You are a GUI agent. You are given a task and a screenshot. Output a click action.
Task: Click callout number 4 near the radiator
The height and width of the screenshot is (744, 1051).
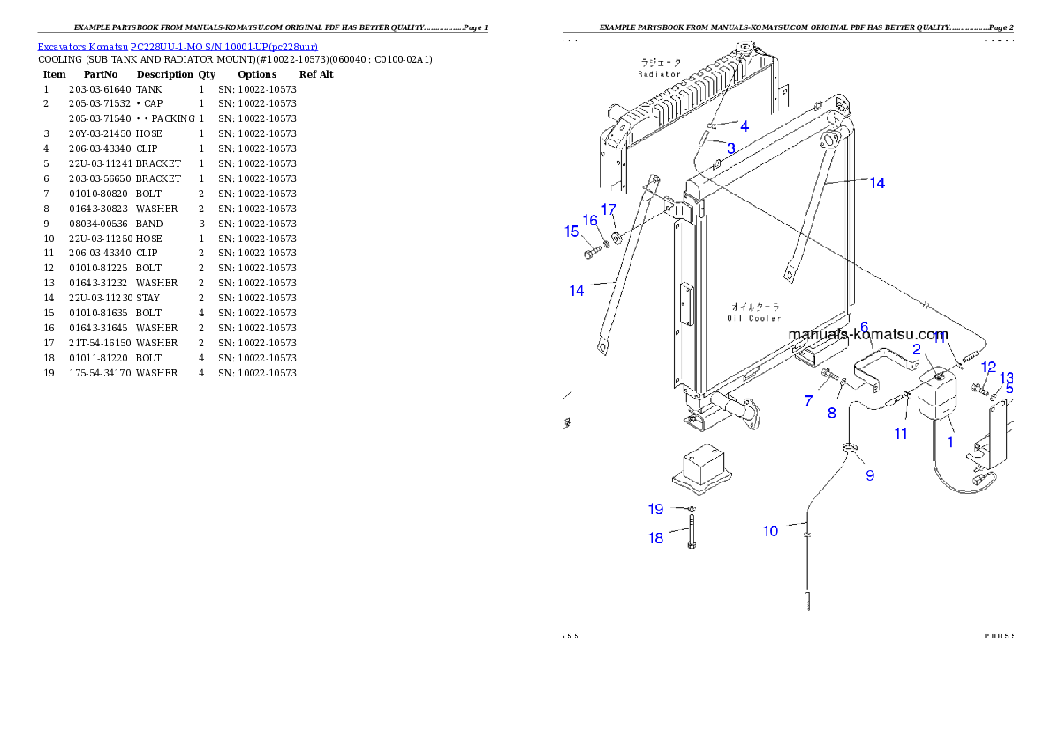pyautogui.click(x=745, y=126)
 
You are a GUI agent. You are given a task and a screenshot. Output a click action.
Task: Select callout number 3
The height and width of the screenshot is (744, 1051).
pyautogui.click(x=730, y=148)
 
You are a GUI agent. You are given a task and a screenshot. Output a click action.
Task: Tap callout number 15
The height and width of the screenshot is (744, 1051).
pyautogui.click(x=571, y=232)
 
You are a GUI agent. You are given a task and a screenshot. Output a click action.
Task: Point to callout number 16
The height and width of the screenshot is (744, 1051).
pyautogui.click(x=590, y=221)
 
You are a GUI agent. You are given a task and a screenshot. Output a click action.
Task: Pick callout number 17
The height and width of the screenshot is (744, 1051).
pyautogui.click(x=609, y=209)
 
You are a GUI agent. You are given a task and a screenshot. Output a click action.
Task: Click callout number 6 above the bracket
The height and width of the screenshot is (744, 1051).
pyautogui.click(x=865, y=328)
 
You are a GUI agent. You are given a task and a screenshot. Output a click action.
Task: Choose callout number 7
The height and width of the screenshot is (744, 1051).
pyautogui.click(x=808, y=401)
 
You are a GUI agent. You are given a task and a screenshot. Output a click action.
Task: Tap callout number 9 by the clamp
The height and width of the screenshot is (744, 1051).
pyautogui.click(x=870, y=475)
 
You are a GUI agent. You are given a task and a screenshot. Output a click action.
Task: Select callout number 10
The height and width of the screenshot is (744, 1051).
pyautogui.click(x=771, y=531)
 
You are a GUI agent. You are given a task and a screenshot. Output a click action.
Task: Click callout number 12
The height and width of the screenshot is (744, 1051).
pyautogui.click(x=988, y=368)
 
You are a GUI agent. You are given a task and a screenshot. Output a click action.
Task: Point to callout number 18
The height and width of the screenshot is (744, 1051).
pyautogui.click(x=655, y=538)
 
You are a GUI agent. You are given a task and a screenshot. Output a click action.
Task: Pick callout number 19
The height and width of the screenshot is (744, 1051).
pyautogui.click(x=655, y=509)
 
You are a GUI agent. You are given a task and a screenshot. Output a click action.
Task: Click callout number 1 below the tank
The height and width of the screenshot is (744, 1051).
pyautogui.click(x=950, y=442)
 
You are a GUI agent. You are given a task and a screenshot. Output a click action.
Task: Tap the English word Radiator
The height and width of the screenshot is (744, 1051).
pyautogui.click(x=660, y=74)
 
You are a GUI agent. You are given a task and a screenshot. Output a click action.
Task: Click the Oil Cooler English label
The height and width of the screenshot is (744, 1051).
pyautogui.click(x=753, y=318)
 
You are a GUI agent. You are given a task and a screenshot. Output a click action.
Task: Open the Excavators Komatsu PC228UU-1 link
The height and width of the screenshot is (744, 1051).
pyautogui.click(x=178, y=46)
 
